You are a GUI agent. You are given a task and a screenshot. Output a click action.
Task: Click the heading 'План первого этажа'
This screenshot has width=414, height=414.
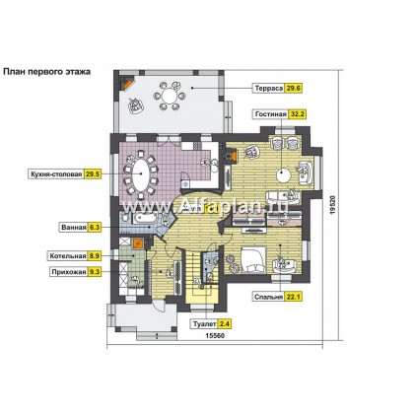pos(46,72)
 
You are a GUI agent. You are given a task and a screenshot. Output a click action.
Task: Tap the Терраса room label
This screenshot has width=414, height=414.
pos(269,89)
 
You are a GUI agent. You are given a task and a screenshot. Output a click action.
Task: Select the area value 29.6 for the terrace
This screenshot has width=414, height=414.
pos(293,89)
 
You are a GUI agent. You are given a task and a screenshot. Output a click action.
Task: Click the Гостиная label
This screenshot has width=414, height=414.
pos(271,114)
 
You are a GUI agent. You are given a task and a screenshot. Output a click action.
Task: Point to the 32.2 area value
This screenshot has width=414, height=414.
pos(297,114)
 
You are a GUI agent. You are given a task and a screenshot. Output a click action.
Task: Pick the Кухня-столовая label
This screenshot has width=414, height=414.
pos(56,174)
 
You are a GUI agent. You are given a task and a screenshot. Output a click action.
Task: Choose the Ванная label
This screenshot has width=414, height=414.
pos(74,227)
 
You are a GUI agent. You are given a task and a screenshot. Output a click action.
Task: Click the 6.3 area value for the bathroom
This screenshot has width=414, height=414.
pos(94,227)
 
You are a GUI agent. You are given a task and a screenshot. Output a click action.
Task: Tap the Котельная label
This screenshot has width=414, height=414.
pos(68,255)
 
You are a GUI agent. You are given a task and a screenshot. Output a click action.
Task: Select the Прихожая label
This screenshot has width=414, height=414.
pos(69,272)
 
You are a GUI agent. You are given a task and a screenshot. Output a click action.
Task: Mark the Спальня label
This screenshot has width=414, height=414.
pos(269,297)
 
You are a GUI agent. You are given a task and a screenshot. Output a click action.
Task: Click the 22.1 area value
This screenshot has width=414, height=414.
pos(293,297)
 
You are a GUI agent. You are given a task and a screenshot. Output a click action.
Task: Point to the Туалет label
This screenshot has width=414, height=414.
pos(204,324)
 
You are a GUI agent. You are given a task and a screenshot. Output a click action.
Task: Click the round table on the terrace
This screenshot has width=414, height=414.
pos(169,97)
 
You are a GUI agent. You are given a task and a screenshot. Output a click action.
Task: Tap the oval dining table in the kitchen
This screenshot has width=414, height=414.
pos(141,173)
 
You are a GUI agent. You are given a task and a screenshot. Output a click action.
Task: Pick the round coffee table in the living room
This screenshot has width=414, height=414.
pos(283,174)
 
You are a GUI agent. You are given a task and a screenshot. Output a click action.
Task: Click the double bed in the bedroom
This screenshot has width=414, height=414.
pos(253,259)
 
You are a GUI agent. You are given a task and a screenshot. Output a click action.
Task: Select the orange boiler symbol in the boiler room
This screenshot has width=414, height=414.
pos(138,243)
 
